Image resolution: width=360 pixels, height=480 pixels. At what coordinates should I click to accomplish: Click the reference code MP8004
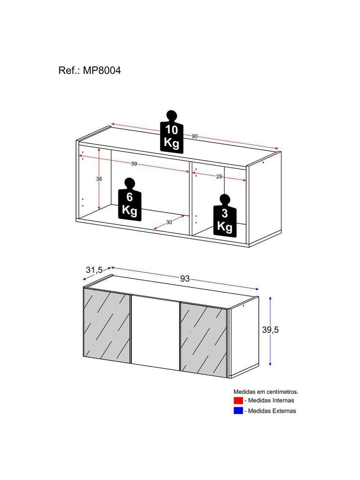pos(102,70)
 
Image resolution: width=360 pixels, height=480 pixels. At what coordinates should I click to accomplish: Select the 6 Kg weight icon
pos(130,199)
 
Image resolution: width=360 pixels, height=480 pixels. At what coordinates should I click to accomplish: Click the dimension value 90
pos(194,136)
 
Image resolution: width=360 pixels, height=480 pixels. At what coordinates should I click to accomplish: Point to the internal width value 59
pos(134,164)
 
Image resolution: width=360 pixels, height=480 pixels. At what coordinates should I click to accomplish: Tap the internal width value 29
pos(219,177)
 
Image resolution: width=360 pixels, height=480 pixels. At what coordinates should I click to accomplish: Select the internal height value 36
pos(99,179)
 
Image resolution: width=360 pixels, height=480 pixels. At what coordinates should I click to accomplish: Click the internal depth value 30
pos(169,222)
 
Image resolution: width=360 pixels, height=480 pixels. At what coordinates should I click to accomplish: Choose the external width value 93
pos(185,279)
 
